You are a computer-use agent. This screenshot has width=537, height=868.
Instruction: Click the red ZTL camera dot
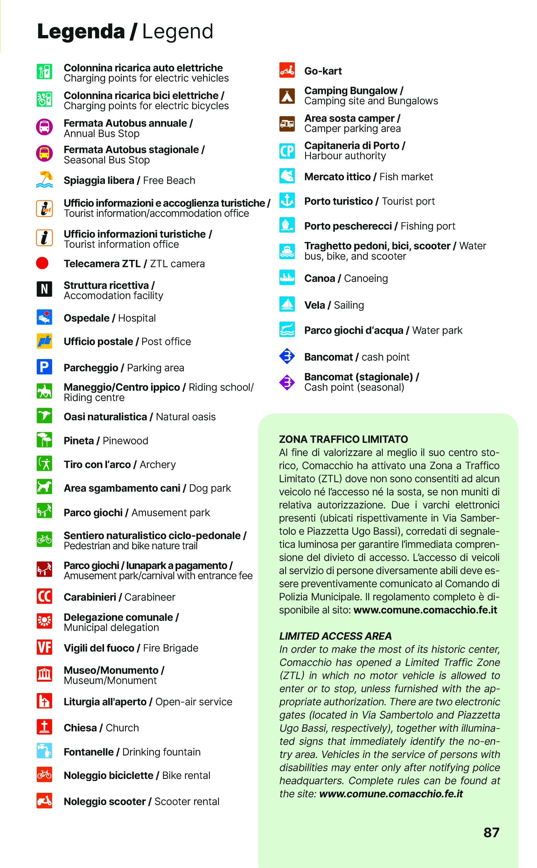pos(42,263)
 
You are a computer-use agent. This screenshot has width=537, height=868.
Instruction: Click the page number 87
pos(491,832)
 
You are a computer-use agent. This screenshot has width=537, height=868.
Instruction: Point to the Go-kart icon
pos(287,70)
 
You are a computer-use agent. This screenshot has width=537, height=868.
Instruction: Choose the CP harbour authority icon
pos(287,151)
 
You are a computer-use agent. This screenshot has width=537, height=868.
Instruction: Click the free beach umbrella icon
pos(44,179)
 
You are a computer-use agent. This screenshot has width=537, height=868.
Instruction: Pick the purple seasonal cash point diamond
pos(287,382)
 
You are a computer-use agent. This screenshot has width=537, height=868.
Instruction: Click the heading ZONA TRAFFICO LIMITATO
pos(343,439)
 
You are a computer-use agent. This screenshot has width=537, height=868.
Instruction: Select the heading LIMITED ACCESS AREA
pos(335,636)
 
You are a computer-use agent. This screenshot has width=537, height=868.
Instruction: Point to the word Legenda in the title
pos(81,31)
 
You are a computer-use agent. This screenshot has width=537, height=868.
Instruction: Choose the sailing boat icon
pos(287,304)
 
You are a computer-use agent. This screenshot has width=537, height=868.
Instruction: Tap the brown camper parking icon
pos(287,124)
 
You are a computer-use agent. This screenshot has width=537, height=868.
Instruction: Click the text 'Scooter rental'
pos(187,802)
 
